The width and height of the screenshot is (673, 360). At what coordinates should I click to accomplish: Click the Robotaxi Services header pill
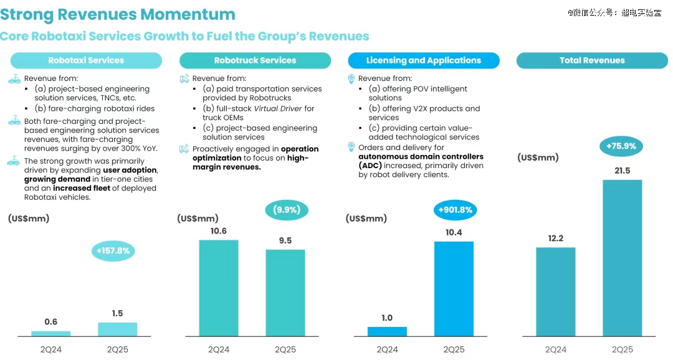tap(86, 60)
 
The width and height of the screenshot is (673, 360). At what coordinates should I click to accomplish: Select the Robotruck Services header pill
tap(255, 60)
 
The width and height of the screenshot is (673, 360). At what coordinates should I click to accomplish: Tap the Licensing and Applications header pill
tap(424, 60)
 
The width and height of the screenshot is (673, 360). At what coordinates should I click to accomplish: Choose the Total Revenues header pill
tap(592, 60)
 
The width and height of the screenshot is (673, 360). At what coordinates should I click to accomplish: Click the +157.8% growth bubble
tap(113, 251)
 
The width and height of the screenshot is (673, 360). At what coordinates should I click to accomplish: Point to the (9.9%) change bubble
tap(287, 210)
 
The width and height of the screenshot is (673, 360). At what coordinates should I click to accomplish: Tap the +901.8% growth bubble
tap(456, 210)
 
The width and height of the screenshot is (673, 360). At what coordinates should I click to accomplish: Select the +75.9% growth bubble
tap(621, 147)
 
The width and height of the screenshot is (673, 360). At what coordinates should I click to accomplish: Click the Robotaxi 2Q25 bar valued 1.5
tap(117, 329)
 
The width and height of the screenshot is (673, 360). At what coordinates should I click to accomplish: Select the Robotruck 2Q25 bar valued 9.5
tap(285, 293)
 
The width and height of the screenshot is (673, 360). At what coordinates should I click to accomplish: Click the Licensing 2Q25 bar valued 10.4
tap(454, 289)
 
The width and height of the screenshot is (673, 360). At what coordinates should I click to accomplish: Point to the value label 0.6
tap(51, 322)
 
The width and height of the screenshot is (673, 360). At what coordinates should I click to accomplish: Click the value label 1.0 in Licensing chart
tap(387, 318)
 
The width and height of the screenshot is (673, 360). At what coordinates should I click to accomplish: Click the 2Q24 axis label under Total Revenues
tap(556, 349)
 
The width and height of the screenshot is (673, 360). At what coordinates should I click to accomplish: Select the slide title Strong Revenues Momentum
tap(118, 14)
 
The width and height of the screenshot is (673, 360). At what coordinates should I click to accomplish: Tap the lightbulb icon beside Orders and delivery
tap(351, 148)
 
